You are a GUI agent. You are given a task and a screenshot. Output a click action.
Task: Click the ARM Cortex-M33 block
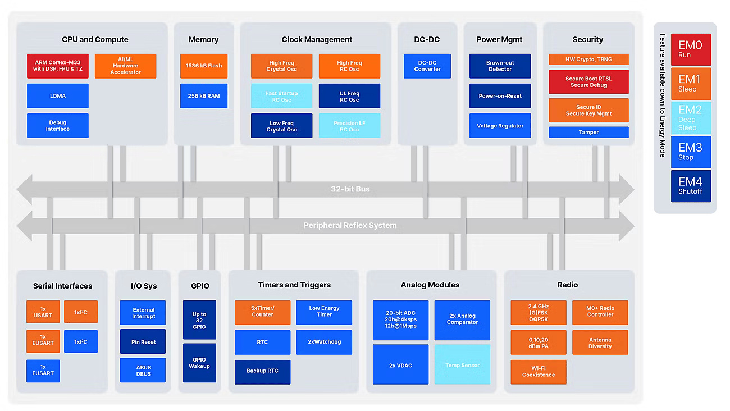[58, 66]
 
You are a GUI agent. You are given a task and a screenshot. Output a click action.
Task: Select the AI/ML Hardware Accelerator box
[125, 66]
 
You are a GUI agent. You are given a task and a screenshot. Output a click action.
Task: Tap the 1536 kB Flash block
[204, 66]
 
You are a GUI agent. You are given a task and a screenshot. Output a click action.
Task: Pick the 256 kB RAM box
[204, 96]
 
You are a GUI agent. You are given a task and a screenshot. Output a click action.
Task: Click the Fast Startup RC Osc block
[281, 96]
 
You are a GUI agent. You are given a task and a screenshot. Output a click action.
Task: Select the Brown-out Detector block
[500, 66]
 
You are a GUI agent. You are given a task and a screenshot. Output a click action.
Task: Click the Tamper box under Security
[588, 132]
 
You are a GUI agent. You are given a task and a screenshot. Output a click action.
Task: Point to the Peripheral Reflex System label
[350, 226]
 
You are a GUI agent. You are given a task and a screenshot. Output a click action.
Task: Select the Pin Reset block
[143, 341]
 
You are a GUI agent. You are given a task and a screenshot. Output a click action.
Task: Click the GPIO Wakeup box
[199, 363]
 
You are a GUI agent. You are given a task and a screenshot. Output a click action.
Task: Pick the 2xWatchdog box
[324, 342]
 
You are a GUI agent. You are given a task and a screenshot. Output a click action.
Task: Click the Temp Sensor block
[462, 365]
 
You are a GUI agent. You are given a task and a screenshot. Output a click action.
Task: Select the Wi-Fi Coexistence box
[538, 372]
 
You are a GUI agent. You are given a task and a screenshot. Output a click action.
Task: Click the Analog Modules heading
[430, 285]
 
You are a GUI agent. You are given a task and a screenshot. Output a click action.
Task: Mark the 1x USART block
[43, 312]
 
